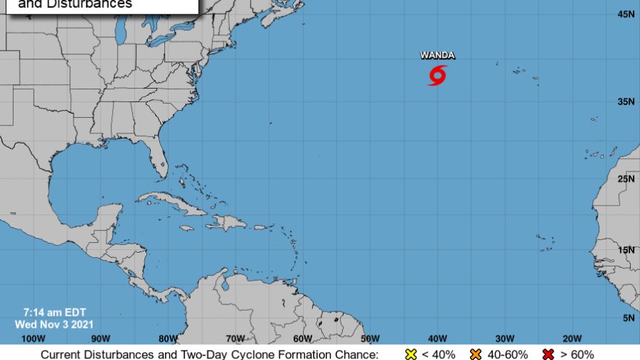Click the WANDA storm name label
(437, 55)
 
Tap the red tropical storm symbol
(438, 74)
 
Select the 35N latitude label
(627, 101)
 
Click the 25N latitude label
(627, 179)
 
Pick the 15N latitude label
(627, 249)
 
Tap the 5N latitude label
(629, 317)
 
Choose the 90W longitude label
(101, 338)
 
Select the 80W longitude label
(168, 338)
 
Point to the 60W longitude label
(303, 338)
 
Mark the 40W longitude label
(438, 338)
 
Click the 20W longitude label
(572, 338)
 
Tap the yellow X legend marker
(411, 354)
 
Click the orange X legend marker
(476, 354)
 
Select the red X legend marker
(549, 354)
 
